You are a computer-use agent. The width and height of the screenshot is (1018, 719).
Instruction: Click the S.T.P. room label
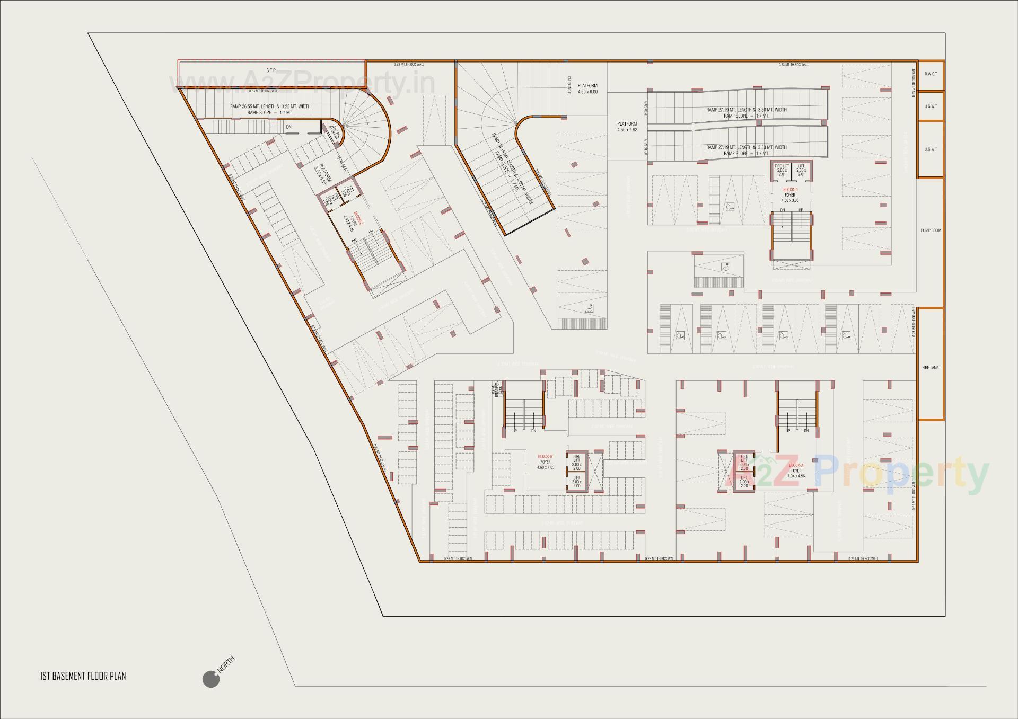[x=271, y=70]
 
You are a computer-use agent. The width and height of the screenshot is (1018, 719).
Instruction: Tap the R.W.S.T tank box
[x=931, y=74]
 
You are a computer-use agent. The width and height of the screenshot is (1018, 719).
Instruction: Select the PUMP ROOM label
[x=931, y=230]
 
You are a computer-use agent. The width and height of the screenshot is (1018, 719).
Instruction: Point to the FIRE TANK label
[x=930, y=367]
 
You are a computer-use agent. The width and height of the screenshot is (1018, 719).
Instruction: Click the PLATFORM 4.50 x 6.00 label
[x=587, y=88]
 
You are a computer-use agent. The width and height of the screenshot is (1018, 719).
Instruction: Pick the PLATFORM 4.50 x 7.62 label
[x=627, y=127]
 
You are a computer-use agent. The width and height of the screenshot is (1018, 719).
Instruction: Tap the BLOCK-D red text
[x=790, y=189]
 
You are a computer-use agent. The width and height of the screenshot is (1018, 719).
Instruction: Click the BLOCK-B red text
[x=545, y=456]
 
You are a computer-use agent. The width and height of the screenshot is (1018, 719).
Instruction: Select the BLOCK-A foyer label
[x=796, y=471]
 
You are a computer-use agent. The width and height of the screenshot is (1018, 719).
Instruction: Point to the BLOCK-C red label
[x=358, y=219]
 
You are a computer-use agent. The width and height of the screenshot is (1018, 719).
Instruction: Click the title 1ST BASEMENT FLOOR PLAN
[x=83, y=676]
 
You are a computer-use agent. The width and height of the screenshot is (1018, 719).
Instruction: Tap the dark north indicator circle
[x=210, y=679]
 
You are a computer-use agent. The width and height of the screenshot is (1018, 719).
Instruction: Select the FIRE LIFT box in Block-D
[x=782, y=170]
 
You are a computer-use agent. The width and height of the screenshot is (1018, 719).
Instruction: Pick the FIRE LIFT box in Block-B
[x=576, y=462]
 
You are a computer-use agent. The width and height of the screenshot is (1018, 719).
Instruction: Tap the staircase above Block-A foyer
[x=797, y=406]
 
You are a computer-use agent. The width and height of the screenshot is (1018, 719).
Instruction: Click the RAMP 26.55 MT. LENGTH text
[x=270, y=106]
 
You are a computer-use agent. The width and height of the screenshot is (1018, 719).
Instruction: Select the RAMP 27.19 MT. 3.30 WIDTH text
[x=746, y=110]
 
